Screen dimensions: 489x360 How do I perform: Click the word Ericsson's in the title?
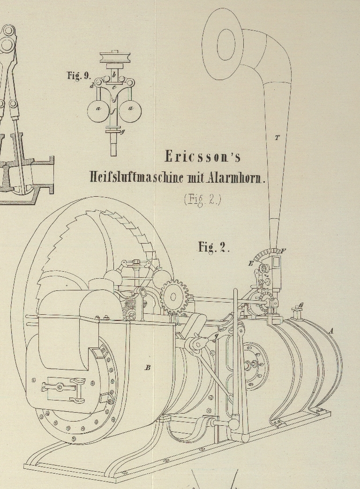coord(202,156)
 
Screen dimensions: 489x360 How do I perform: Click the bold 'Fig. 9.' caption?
coord(79,76)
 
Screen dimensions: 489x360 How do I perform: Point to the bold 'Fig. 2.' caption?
coord(214,247)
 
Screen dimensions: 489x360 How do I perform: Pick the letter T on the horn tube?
coord(277,138)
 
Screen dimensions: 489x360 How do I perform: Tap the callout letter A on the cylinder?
coord(331,331)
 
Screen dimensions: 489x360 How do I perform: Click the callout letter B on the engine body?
coord(148,368)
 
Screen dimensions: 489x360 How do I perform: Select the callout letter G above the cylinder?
coord(301,305)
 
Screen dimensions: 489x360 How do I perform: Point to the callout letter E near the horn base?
coord(251,264)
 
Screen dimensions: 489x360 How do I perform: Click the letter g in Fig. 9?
coord(123,132)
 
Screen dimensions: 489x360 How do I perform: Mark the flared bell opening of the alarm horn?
coord(224,45)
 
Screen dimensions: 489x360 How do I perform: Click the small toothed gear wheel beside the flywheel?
coord(174,296)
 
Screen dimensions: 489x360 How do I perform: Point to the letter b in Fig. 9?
coord(114,74)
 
